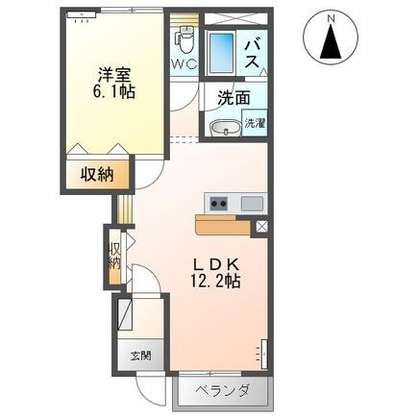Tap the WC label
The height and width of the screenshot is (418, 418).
[184, 64]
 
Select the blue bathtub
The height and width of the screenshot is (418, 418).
[223, 51]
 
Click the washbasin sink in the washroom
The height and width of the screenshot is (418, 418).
[228, 128]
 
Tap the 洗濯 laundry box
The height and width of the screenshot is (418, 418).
[254, 124]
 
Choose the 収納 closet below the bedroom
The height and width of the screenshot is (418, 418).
[98, 176]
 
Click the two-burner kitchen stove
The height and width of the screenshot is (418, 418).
[218, 203]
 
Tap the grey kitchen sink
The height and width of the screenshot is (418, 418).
[252, 203]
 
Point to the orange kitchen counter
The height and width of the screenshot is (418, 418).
[223, 225]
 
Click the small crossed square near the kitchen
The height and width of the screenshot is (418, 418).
[261, 227]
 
